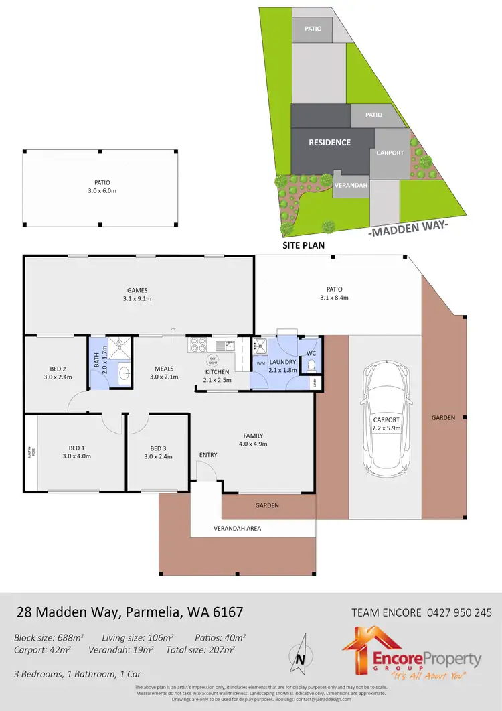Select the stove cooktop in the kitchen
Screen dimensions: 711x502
[x=199, y=346]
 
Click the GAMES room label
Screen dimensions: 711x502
[x=139, y=290]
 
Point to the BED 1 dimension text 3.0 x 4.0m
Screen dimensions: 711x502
[x=76, y=456]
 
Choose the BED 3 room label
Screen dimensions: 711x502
[x=157, y=448]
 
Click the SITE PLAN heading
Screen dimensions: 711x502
[x=304, y=245]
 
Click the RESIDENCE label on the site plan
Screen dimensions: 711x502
[x=329, y=142]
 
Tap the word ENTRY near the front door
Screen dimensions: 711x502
[x=208, y=455]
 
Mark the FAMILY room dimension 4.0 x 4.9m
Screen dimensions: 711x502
[x=253, y=443]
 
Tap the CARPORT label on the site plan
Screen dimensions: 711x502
[x=390, y=153]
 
